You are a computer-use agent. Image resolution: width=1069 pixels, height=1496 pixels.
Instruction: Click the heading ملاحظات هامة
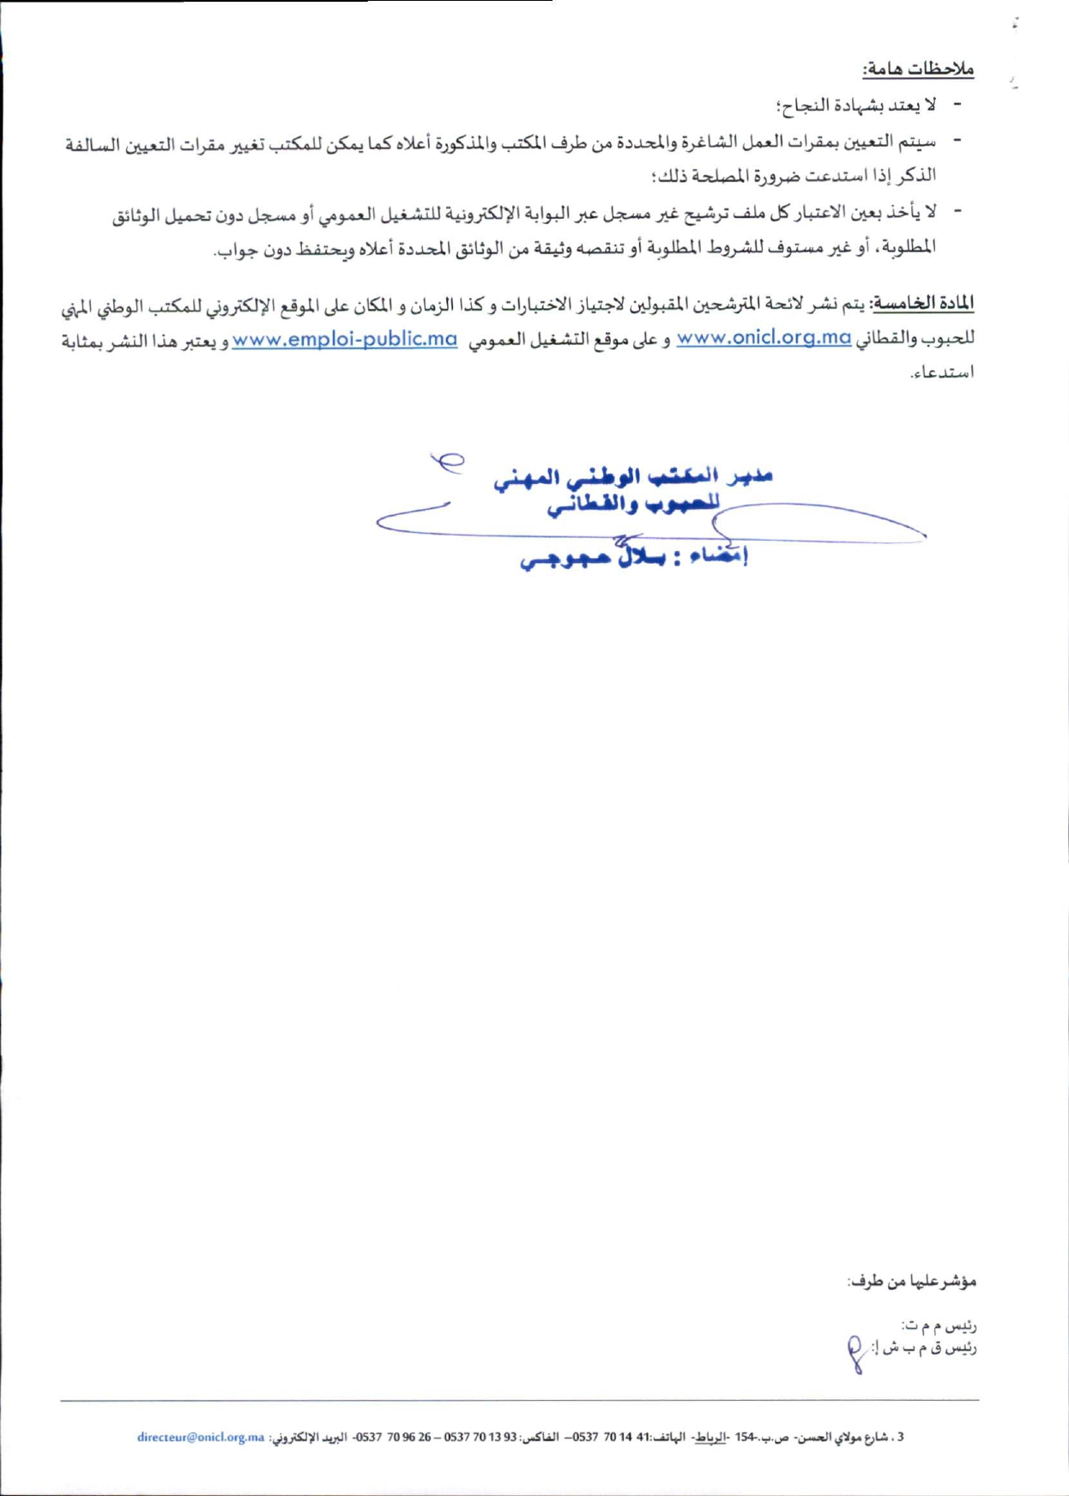point(918,69)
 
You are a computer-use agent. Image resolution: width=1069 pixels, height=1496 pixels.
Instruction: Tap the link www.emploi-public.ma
point(344,339)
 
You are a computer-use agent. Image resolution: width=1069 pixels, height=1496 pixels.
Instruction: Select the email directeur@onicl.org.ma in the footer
point(201,1437)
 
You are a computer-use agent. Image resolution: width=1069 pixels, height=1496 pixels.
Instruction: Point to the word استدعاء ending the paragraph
point(942,373)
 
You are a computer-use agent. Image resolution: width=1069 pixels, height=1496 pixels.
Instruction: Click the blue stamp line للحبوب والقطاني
point(633,505)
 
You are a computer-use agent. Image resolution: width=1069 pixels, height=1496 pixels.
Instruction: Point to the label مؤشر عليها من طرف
point(911,1281)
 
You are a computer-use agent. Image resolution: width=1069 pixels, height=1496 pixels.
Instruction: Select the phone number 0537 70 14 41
point(613,1437)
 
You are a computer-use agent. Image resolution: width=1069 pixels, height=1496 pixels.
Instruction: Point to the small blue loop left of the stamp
point(448,462)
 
